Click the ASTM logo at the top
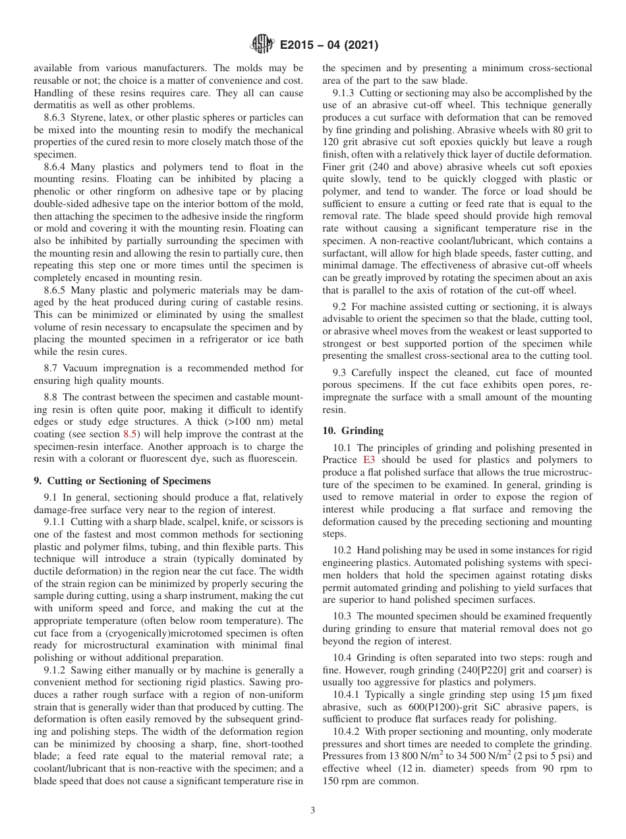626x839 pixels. click(x=263, y=45)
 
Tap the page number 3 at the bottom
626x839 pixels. click(x=312, y=811)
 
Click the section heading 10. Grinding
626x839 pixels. click(x=353, y=430)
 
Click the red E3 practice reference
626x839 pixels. click(x=369, y=460)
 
